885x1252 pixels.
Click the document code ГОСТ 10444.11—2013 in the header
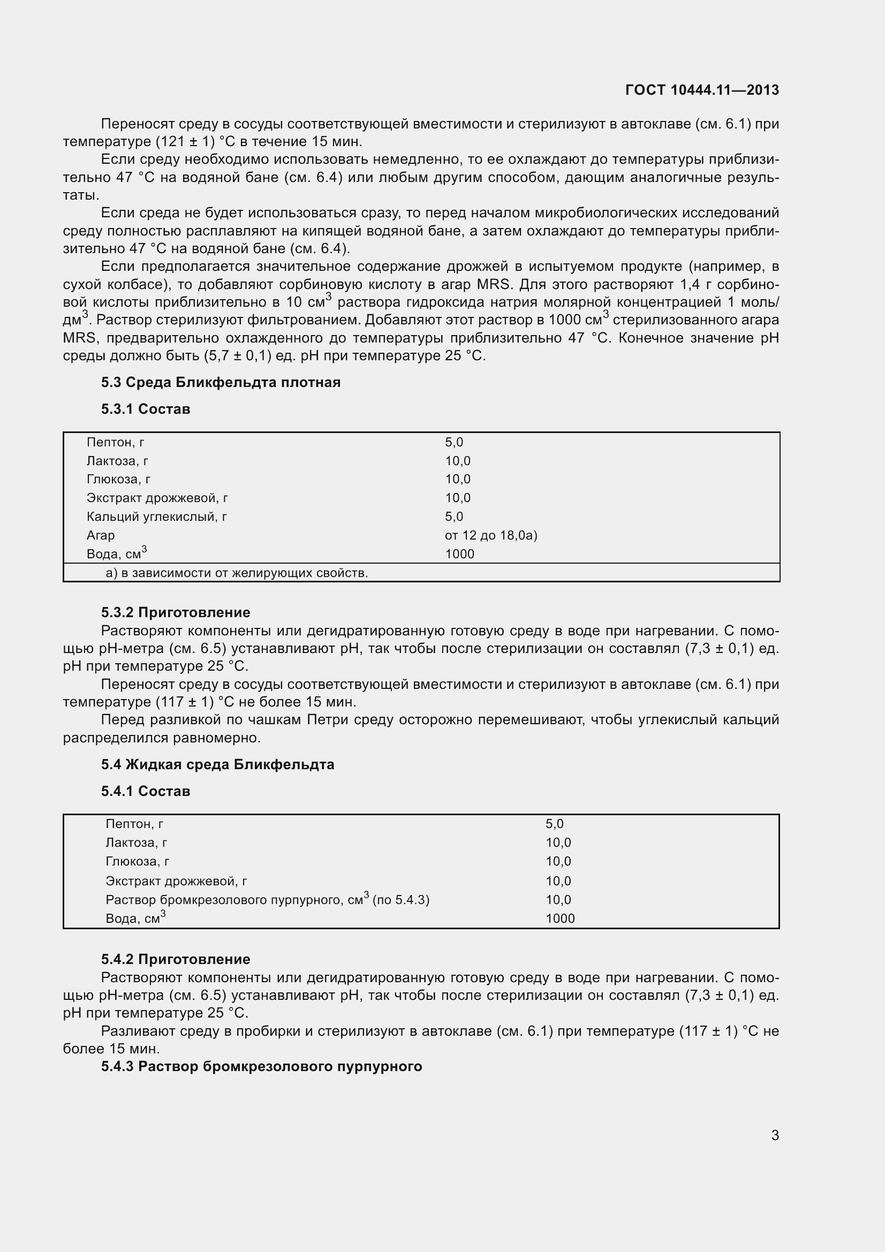(702, 90)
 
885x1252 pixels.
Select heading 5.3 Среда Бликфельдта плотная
(220, 382)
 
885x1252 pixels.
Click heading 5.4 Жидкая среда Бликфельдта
(217, 764)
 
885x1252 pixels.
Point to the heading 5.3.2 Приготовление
(175, 612)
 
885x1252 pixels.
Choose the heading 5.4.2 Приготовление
(175, 959)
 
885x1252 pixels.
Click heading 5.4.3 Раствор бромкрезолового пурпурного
(261, 1066)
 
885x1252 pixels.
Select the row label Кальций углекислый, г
(156, 517)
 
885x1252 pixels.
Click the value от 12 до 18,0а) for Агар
(491, 535)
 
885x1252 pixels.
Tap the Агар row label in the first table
(100, 535)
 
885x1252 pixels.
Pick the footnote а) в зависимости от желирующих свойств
(237, 573)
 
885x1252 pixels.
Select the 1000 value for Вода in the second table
(560, 919)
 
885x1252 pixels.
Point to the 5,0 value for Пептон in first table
(453, 442)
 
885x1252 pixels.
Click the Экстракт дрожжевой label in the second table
(176, 881)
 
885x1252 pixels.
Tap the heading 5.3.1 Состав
(145, 409)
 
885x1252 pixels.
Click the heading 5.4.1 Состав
(145, 791)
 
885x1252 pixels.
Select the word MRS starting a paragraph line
(80, 338)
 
